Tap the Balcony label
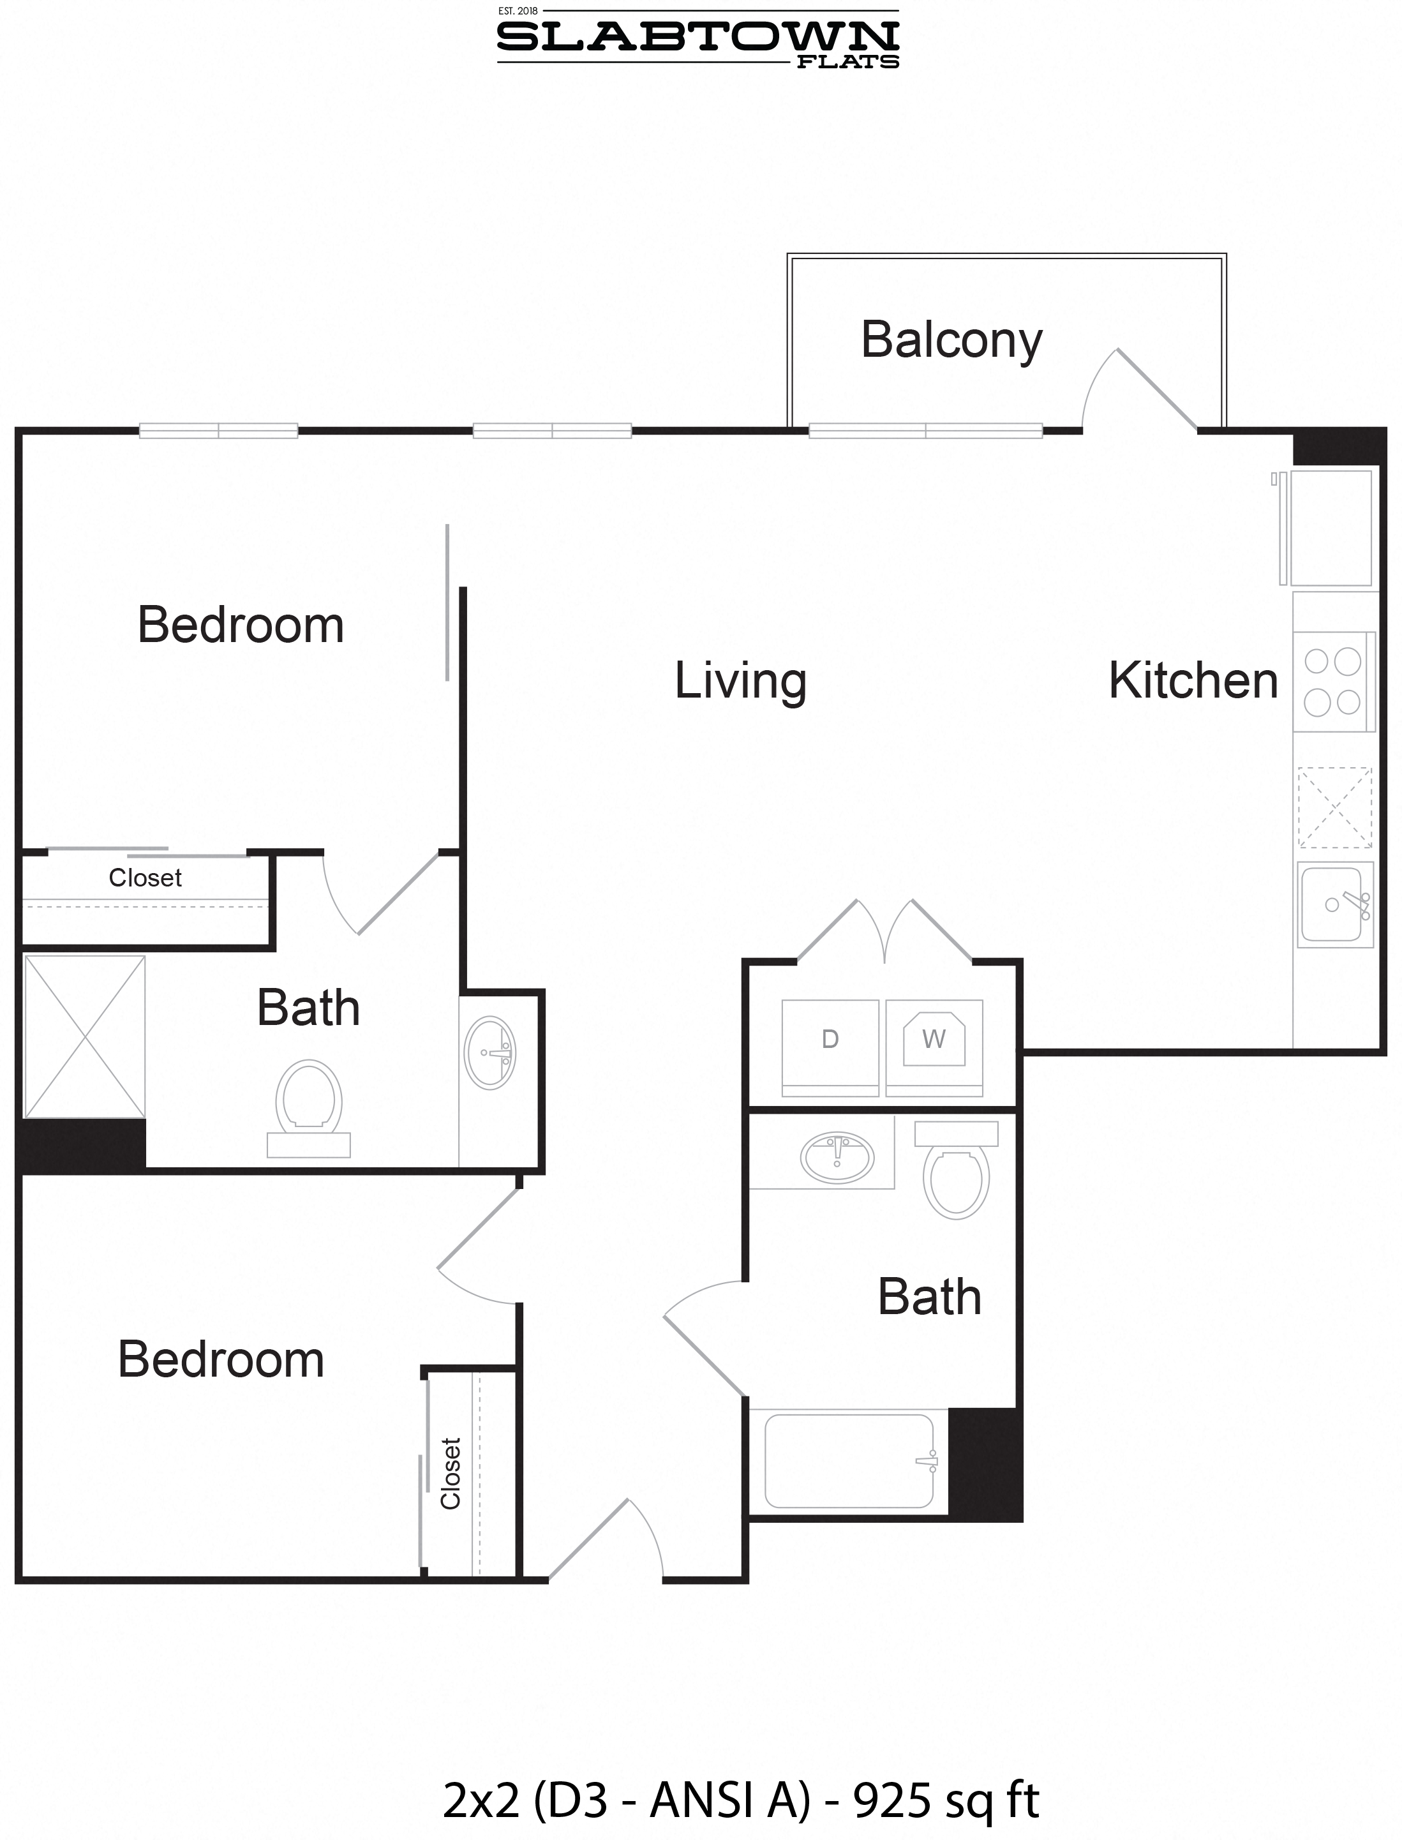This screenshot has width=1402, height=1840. (x=951, y=340)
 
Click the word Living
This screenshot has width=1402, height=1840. (x=740, y=681)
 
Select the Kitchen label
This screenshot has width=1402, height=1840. (x=1193, y=680)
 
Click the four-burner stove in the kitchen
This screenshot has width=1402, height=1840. (x=1332, y=682)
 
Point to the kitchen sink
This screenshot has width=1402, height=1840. (x=1334, y=904)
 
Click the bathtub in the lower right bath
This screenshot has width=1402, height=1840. (x=849, y=1461)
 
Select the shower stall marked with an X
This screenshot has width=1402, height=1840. (x=85, y=1036)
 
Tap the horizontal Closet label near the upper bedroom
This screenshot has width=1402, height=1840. (x=145, y=878)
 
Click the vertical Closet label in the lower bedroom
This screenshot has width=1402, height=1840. (x=451, y=1474)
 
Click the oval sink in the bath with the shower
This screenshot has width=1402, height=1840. (x=490, y=1053)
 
